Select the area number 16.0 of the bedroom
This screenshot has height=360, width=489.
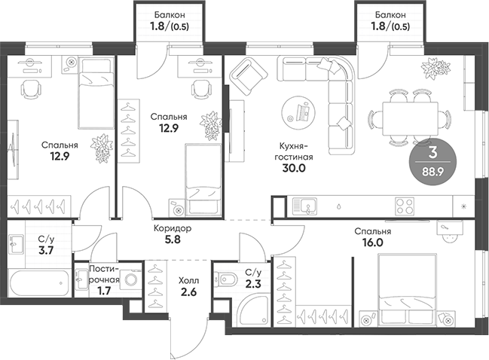click(x=374, y=243)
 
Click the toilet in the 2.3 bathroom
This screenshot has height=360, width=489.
click(x=226, y=282)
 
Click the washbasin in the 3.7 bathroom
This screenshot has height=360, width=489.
click(x=16, y=244)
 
